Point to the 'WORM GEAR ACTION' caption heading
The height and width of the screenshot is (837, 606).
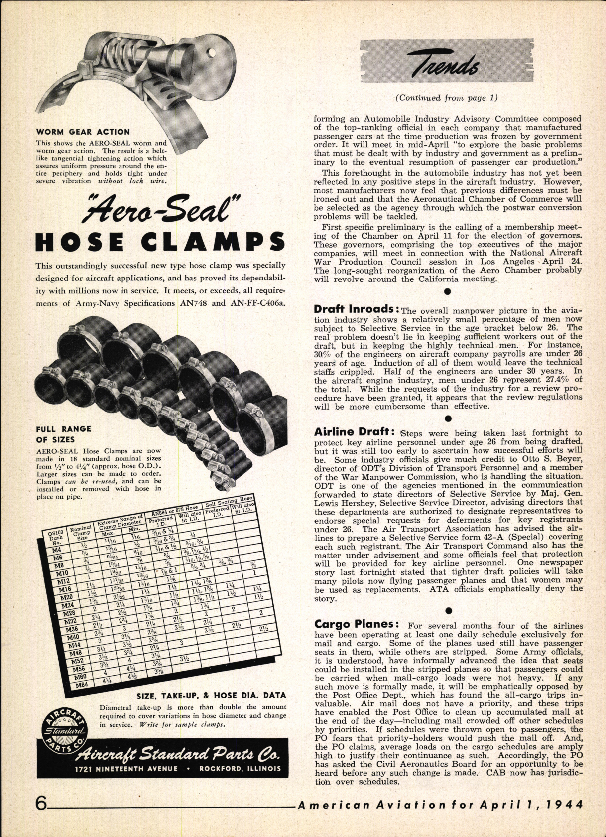tap(83, 132)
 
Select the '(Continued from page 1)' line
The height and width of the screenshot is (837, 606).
tap(446, 98)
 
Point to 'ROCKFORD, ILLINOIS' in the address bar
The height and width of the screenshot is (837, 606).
tap(240, 768)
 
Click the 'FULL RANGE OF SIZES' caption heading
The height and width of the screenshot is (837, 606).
tap(64, 434)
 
